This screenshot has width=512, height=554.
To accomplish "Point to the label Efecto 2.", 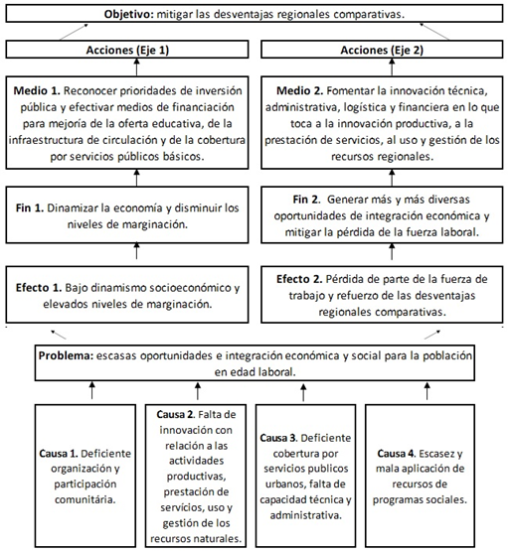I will [302, 279].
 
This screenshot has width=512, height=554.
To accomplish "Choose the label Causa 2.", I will [186, 413].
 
